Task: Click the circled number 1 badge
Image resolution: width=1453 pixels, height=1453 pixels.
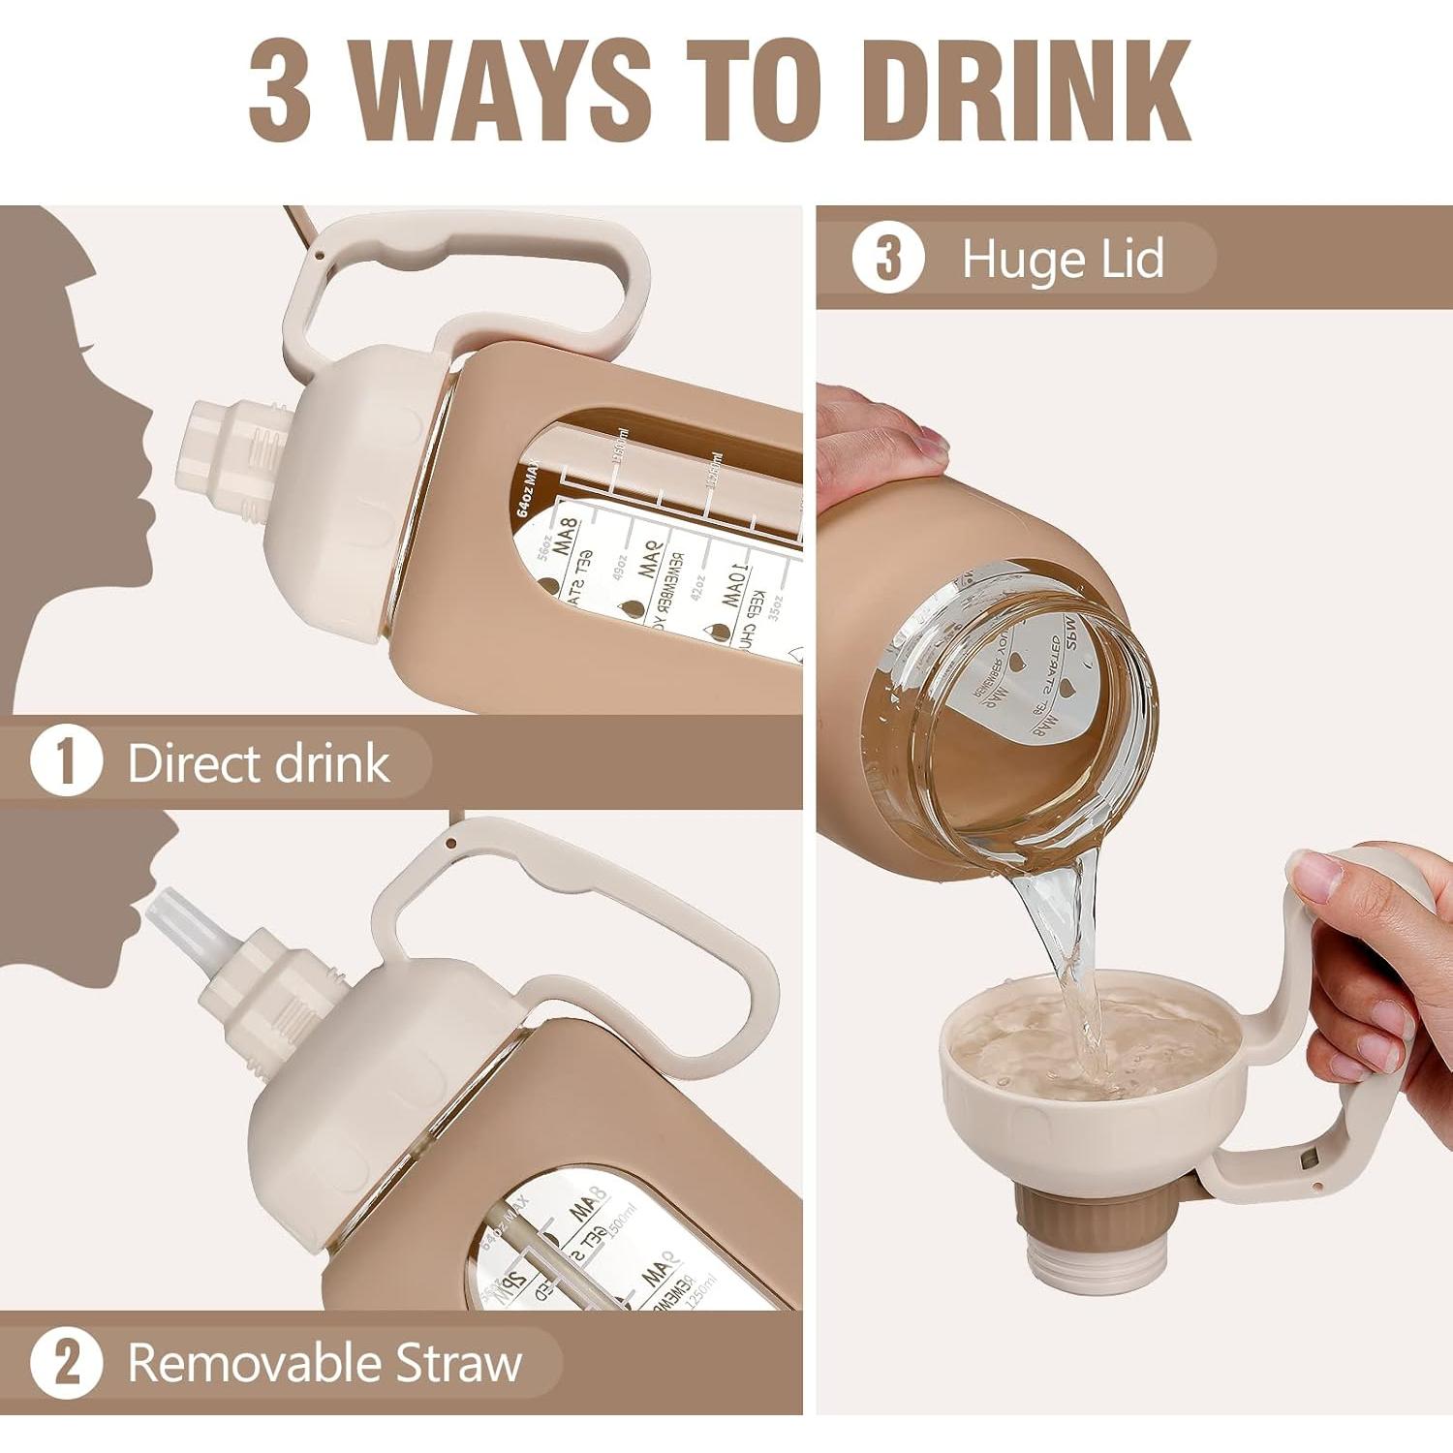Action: [x=66, y=762]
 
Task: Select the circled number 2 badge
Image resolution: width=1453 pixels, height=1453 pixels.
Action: [x=66, y=1363]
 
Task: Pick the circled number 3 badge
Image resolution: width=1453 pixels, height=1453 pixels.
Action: [x=887, y=259]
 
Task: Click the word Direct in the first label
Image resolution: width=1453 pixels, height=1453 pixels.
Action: [x=194, y=762]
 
